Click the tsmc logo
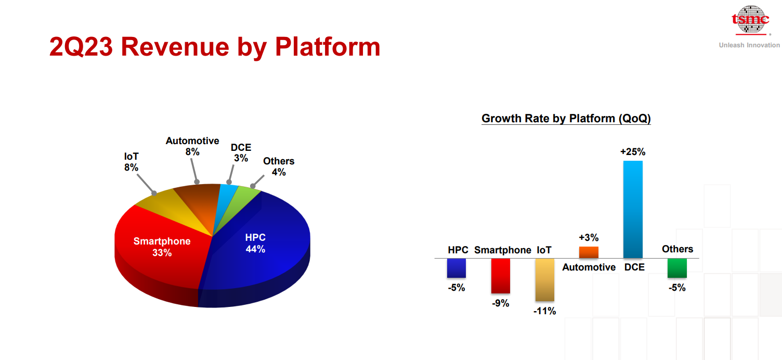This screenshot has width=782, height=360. (x=751, y=20)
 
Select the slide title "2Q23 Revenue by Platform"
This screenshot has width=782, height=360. (x=215, y=47)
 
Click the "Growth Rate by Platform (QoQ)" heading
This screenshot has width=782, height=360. (x=566, y=119)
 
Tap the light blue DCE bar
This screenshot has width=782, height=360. (x=633, y=210)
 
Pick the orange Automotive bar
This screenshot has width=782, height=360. (x=589, y=252)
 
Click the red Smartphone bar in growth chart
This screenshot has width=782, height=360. (x=501, y=276)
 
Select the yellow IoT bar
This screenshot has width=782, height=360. (x=545, y=280)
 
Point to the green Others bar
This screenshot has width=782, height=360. (x=677, y=268)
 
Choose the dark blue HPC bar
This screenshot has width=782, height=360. (x=457, y=268)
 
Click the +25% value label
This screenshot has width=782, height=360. (x=633, y=152)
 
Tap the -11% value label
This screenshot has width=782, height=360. (x=544, y=311)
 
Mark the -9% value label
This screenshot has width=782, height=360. (x=501, y=303)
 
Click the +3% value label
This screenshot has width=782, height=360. (x=589, y=237)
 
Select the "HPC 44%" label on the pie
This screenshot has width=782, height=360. (x=255, y=243)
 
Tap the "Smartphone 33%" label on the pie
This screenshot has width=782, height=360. (x=162, y=247)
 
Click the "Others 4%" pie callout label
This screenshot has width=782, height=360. (x=279, y=166)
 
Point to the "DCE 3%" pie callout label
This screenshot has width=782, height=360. (x=241, y=152)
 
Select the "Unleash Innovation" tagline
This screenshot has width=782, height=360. (x=749, y=45)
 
